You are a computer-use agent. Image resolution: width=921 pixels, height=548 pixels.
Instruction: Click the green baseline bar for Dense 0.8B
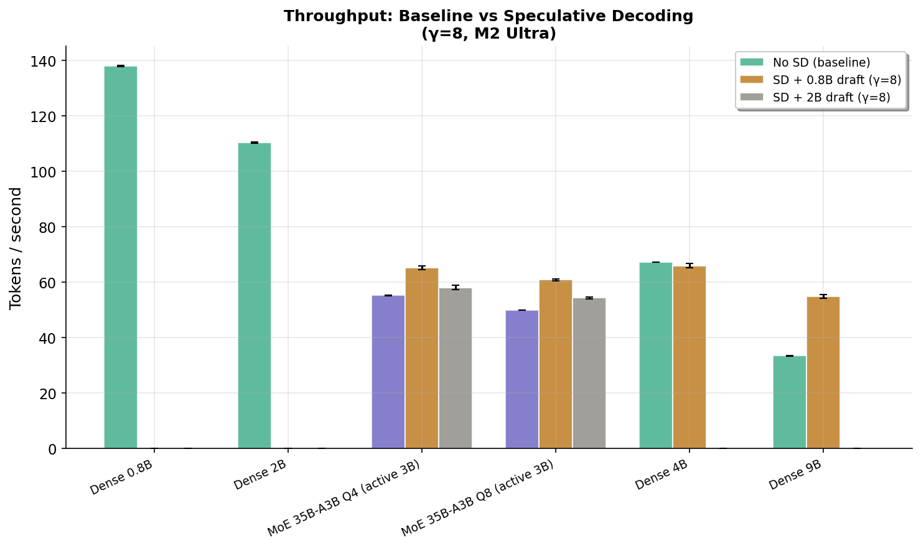tap(121, 257)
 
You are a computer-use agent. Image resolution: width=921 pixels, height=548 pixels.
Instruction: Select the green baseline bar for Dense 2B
tap(255, 296)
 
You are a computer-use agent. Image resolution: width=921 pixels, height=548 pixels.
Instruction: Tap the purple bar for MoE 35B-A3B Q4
tap(388, 372)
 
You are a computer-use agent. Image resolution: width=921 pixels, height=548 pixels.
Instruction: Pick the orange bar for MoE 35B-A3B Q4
tap(422, 358)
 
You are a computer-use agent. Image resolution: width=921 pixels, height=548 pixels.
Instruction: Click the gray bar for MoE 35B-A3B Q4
tap(456, 368)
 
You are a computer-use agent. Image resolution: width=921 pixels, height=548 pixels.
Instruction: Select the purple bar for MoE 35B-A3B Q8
tap(522, 379)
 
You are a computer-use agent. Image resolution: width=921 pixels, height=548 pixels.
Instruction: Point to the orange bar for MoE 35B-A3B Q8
tap(556, 364)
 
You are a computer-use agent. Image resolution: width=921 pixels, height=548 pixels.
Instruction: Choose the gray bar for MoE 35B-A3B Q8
tap(589, 373)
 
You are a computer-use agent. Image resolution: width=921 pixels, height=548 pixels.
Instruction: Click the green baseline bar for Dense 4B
tap(656, 356)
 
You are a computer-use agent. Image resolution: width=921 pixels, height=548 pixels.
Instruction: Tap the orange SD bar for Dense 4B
tap(690, 357)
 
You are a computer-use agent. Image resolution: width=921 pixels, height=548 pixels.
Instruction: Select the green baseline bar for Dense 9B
tap(790, 402)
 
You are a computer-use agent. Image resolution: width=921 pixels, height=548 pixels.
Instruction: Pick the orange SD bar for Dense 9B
tap(823, 372)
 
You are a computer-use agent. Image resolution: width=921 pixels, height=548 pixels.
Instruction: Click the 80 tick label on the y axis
tap(49, 227)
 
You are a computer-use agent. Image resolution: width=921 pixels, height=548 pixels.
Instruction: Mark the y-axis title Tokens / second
tap(16, 248)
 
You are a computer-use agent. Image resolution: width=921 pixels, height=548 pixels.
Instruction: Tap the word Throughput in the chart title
tap(324, 16)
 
